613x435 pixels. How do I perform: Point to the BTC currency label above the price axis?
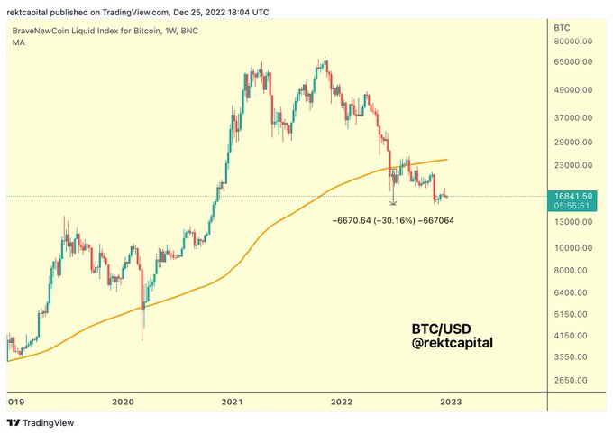pos(560,29)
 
